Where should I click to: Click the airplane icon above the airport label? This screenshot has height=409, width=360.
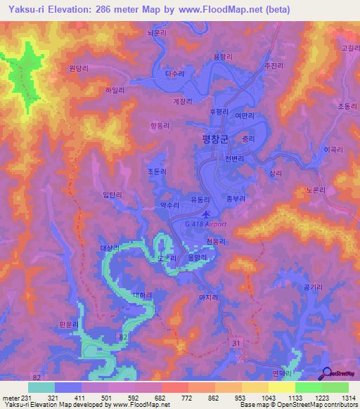pyautogui.click(x=205, y=214)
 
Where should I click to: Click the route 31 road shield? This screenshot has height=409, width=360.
pyautogui.click(x=237, y=342)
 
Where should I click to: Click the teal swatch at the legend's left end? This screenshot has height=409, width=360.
pyautogui.click(x=41, y=387)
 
